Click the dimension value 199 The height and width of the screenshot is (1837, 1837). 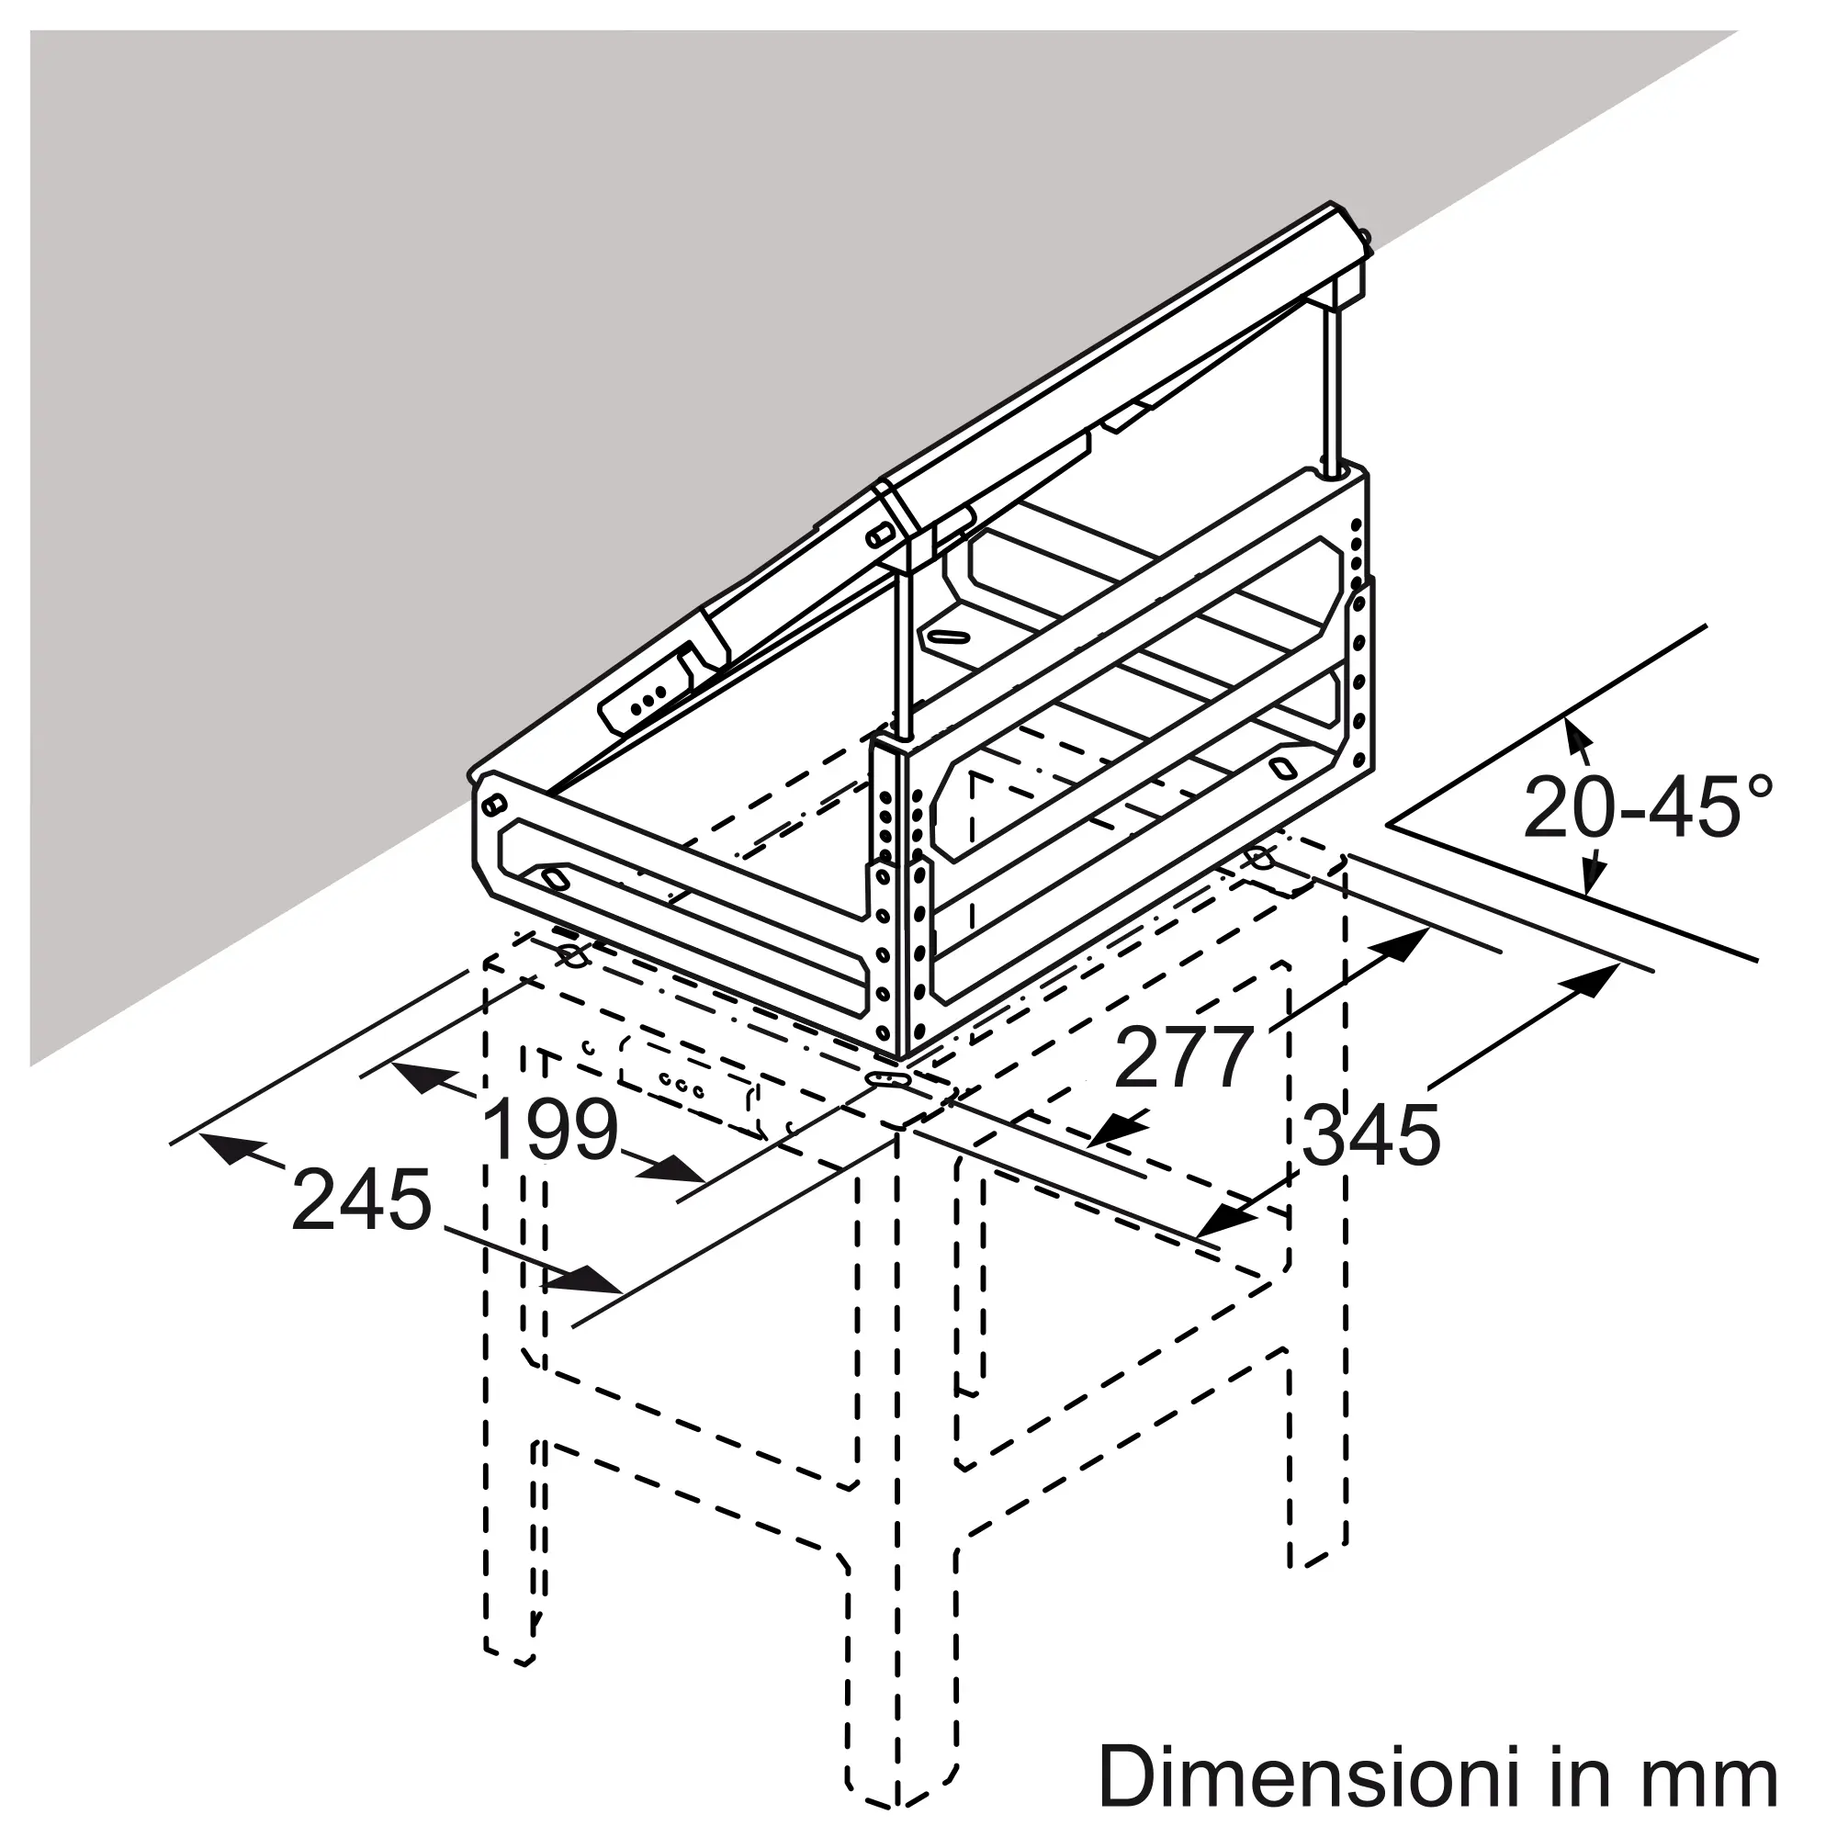pyautogui.click(x=551, y=1129)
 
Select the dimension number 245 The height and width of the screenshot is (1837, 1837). pyautogui.click(x=361, y=1200)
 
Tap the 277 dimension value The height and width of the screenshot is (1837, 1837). pyautogui.click(x=1184, y=1057)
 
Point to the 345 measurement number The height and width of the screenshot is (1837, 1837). pyautogui.click(x=1371, y=1134)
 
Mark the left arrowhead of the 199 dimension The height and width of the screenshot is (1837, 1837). pyautogui.click(x=423, y=1077)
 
